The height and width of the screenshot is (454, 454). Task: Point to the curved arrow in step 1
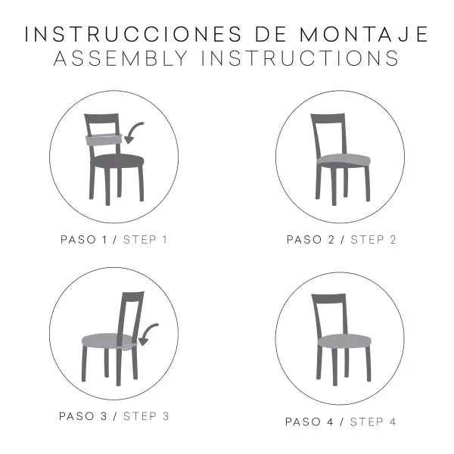tap(135, 133)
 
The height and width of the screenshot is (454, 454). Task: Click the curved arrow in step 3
tap(149, 333)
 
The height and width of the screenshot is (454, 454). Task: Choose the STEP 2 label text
tap(373, 240)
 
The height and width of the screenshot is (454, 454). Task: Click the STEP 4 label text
tap(373, 421)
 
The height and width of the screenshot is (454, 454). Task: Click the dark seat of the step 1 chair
tap(117, 160)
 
